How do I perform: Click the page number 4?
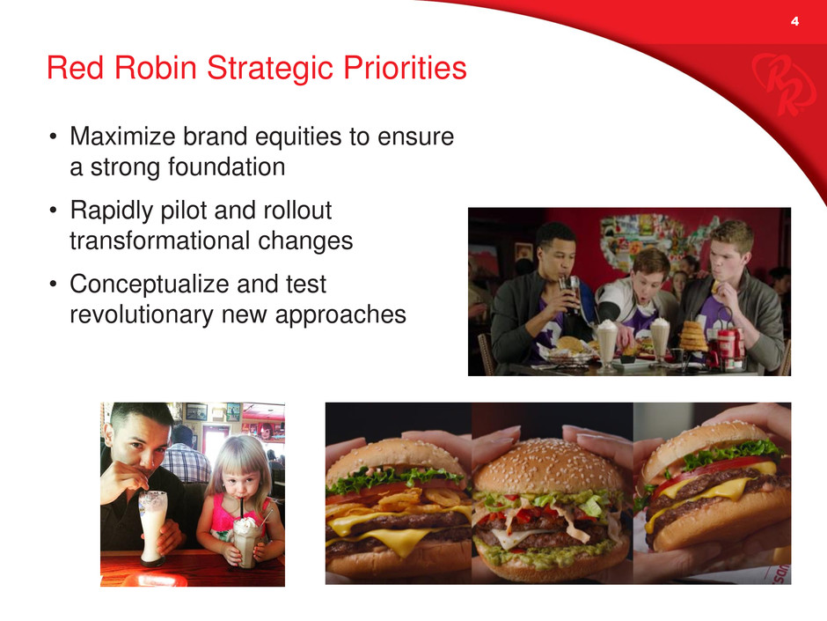pyautogui.click(x=794, y=22)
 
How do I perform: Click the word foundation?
pyautogui.click(x=227, y=166)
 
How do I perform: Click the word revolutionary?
pyautogui.click(x=142, y=314)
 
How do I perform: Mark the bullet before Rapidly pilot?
pyautogui.click(x=53, y=211)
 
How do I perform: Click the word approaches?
pyautogui.click(x=340, y=315)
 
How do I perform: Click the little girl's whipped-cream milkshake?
pyautogui.click(x=245, y=540)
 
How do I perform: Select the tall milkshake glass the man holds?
pyautogui.click(x=153, y=528)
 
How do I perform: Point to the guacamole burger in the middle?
pyautogui.click(x=551, y=510)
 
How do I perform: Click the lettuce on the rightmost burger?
pyautogui.click(x=730, y=453)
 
